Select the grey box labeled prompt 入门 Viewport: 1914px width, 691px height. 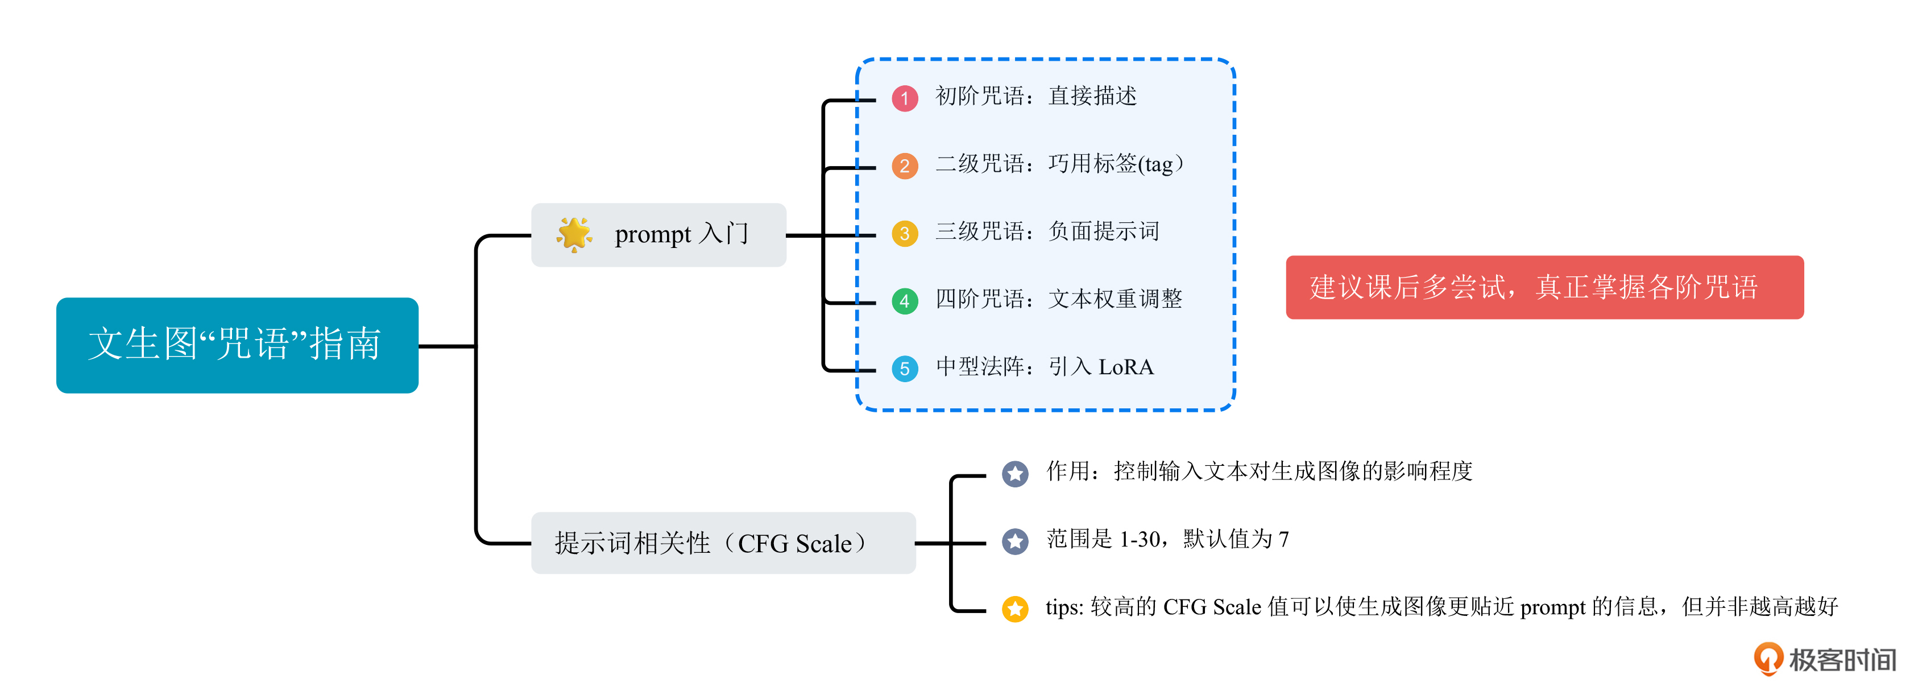click(658, 235)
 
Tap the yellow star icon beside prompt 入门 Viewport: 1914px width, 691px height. click(574, 235)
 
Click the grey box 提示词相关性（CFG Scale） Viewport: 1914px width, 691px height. click(722, 543)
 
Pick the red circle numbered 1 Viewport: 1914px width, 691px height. click(904, 98)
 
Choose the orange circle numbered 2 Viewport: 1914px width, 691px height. click(904, 165)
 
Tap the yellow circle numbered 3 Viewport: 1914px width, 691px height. click(904, 233)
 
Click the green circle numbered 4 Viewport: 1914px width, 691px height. click(904, 301)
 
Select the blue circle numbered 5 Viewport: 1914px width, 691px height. click(904, 369)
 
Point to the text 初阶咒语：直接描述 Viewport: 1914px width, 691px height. click(1036, 97)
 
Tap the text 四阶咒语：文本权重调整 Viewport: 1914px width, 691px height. click(1059, 299)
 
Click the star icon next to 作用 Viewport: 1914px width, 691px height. click(1015, 473)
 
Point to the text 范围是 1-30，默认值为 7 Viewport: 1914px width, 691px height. click(1167, 539)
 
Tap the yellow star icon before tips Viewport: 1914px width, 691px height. click(1015, 609)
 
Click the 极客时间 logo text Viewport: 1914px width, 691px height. click(1841, 660)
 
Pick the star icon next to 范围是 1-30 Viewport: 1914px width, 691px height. click(1015, 541)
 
